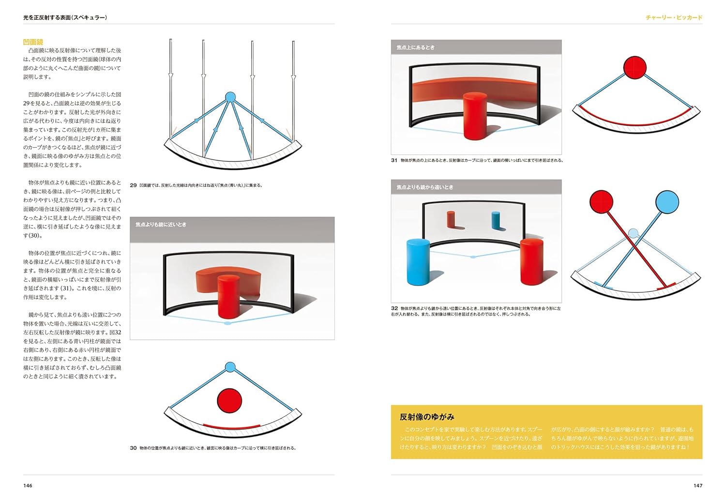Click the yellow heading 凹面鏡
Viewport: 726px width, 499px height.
pyautogui.click(x=33, y=42)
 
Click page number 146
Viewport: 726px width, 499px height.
pyautogui.click(x=28, y=485)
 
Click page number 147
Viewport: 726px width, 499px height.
pyautogui.click(x=697, y=485)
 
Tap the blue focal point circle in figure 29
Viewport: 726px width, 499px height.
pyautogui.click(x=230, y=97)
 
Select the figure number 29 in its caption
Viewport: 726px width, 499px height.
pyautogui.click(x=134, y=185)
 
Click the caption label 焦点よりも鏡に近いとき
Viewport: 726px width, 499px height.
pyautogui.click(x=161, y=225)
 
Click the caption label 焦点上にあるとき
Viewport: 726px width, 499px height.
pyautogui.click(x=415, y=47)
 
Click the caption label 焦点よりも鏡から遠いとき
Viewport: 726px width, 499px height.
pyautogui.click(x=424, y=187)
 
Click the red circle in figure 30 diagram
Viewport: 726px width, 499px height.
pyautogui.click(x=229, y=400)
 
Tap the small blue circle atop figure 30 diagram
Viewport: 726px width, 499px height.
pyautogui.click(x=230, y=367)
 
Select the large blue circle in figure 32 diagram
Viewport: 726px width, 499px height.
pyautogui.click(x=667, y=201)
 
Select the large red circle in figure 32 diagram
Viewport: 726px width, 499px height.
pyautogui.click(x=602, y=201)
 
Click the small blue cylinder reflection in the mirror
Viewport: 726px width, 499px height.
pyautogui.click(x=495, y=220)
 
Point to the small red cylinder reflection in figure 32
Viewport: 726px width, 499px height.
pyautogui.click(x=451, y=219)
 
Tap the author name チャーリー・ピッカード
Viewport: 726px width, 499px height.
pyautogui.click(x=674, y=17)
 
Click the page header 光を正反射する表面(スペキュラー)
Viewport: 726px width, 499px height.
pyautogui.click(x=65, y=17)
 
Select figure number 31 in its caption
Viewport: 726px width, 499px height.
pyautogui.click(x=394, y=160)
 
